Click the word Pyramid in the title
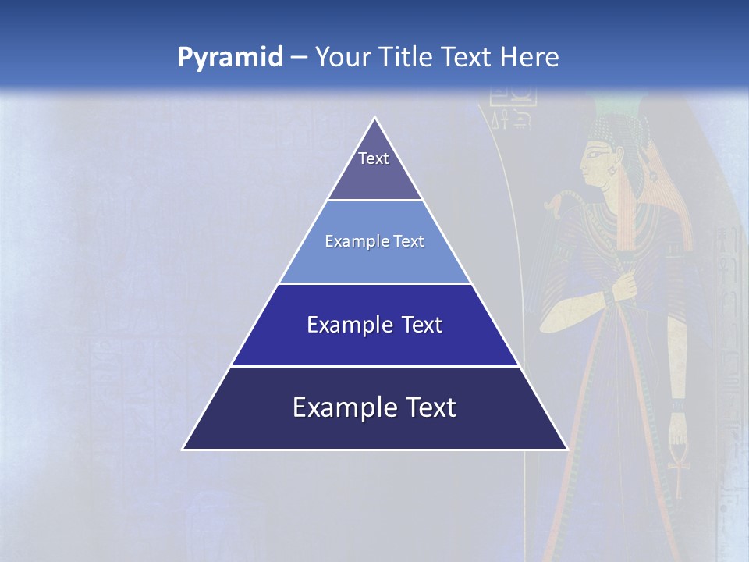click(x=230, y=58)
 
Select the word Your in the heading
click(x=343, y=58)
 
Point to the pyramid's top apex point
click(x=375, y=119)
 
